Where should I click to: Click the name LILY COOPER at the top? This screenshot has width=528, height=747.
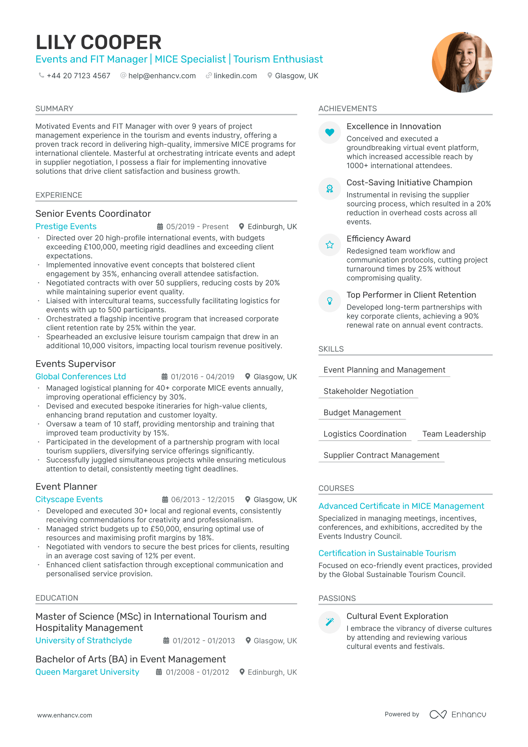98,42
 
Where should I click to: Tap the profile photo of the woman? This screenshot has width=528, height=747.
462,62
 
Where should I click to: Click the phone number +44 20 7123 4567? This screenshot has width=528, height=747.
78,76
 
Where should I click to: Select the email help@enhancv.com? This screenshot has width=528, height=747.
162,76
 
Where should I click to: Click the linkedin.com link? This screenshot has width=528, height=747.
235,76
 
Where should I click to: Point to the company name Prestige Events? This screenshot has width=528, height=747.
66,227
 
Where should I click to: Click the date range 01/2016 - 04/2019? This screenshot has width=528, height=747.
203,377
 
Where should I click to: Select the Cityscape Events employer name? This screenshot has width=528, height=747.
69,499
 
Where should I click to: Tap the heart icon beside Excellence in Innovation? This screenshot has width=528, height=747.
330,132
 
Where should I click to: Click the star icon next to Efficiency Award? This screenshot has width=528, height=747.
330,245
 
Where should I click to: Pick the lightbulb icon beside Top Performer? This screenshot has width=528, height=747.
330,301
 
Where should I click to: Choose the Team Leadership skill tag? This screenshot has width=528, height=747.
454,434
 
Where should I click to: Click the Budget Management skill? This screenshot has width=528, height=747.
362,413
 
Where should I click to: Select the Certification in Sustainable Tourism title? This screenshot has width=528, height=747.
387,553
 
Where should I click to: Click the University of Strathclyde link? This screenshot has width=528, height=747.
84,641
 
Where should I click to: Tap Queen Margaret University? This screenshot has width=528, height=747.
87,672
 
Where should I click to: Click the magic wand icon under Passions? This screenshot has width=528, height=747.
330,622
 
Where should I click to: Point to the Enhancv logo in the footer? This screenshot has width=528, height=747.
458,714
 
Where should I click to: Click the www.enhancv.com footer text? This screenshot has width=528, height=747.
64,715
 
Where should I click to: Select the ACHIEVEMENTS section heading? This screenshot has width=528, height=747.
348,109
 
